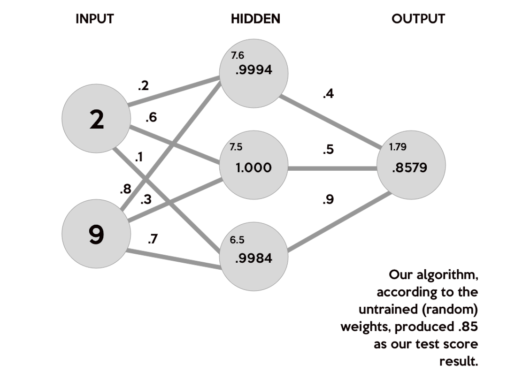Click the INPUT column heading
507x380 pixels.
coord(95,19)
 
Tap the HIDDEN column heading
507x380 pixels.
coord(255,19)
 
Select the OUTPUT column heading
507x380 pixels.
coord(418,19)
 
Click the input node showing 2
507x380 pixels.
coord(96,120)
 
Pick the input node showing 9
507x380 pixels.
coord(96,235)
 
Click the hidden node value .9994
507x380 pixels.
coord(254,70)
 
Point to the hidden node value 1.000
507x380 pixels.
coord(254,167)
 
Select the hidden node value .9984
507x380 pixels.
coord(254,258)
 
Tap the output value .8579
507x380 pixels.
coord(410,167)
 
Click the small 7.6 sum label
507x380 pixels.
coord(237,56)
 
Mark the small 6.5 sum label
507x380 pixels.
coord(237,240)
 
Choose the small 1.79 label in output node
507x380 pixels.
coord(398,147)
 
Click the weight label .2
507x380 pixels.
coord(143,85)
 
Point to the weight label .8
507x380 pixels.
coord(125,190)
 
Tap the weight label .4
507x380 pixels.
coord(328,94)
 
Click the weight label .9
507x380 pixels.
coord(328,200)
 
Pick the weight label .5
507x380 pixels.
coord(328,150)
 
